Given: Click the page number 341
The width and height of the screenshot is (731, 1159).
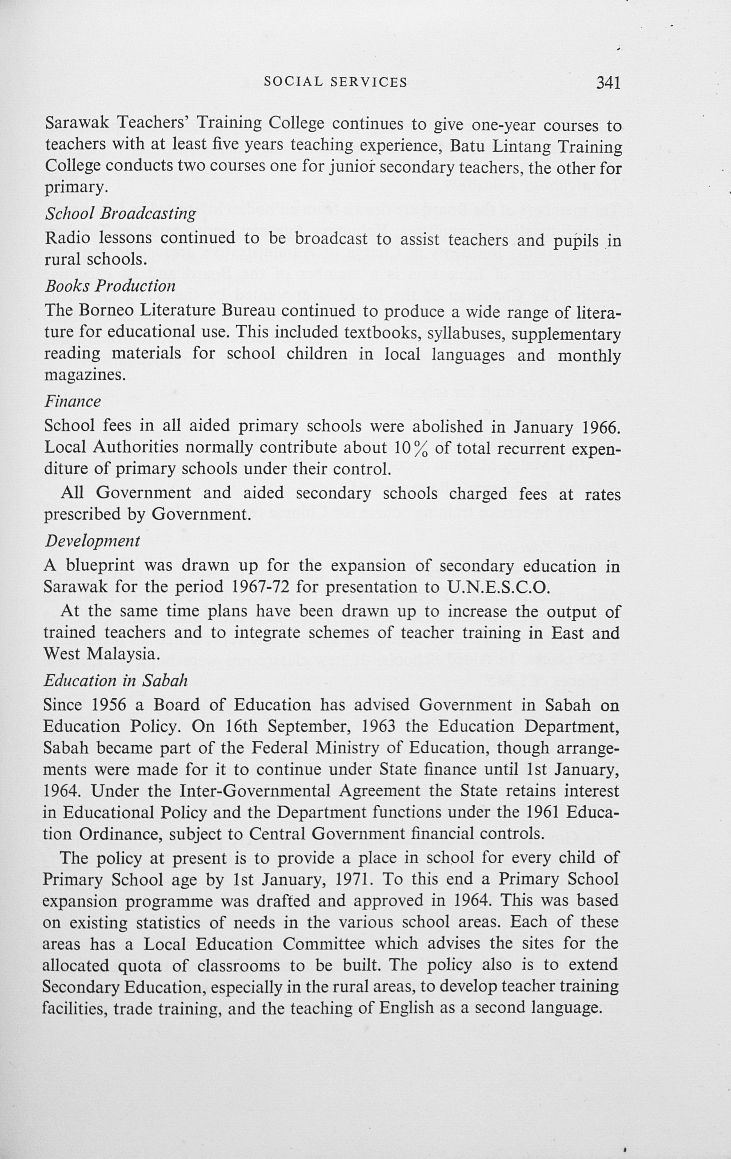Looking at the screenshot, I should [608, 83].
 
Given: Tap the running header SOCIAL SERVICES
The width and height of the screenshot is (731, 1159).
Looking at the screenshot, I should [335, 82].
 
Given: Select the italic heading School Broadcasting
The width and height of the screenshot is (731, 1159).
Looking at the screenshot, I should [120, 214].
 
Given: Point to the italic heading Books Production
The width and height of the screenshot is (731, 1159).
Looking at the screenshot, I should [110, 286].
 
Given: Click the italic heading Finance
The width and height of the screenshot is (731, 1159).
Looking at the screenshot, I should [72, 402].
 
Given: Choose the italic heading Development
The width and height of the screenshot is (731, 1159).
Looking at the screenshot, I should [92, 541].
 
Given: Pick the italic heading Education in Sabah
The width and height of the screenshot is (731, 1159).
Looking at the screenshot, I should [115, 681].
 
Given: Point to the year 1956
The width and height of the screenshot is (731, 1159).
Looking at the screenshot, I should [109, 705].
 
